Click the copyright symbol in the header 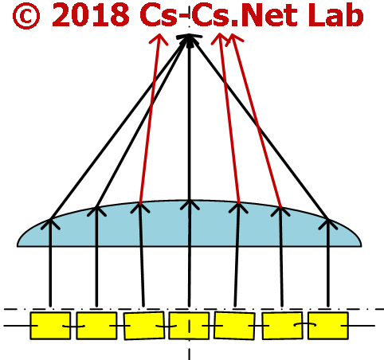coord(26,16)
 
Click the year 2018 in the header coord(91,15)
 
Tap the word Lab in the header coord(335,15)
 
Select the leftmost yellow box coord(50,326)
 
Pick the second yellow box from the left coord(96,326)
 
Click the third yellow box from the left coord(144,326)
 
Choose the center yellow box coord(189,326)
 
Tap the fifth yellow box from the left coord(234,326)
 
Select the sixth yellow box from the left coord(282,326)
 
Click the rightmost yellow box coord(328,326)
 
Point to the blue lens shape coord(189,229)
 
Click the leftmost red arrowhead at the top coord(159,39)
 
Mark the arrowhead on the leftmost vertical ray coord(50,224)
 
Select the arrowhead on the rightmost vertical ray coord(328,224)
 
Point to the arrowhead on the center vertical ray coord(190,205)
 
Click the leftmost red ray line coord(150,119)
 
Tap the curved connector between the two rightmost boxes coord(305,324)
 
